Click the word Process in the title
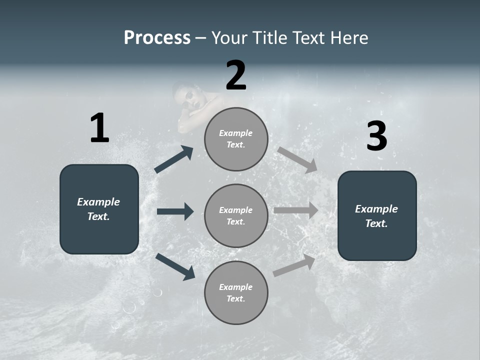coord(157,37)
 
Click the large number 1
coord(99,128)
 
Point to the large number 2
coord(236,75)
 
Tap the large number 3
coord(376,136)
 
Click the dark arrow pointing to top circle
coord(174,159)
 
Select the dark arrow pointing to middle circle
coord(175,211)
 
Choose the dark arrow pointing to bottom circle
coord(175,266)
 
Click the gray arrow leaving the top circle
coord(297,159)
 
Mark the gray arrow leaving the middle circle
coord(296,210)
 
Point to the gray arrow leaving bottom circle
coord(294,265)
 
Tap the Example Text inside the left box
coord(98,209)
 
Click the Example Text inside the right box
coord(376,216)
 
